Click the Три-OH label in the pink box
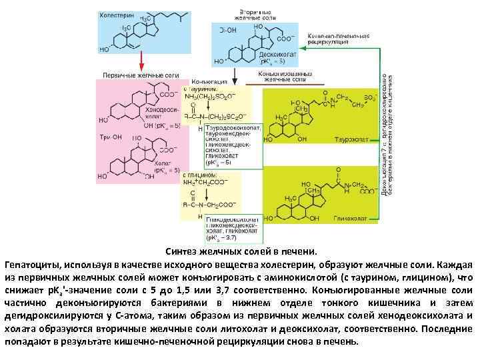coord(109,137)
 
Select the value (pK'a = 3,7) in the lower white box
coord(222,237)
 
